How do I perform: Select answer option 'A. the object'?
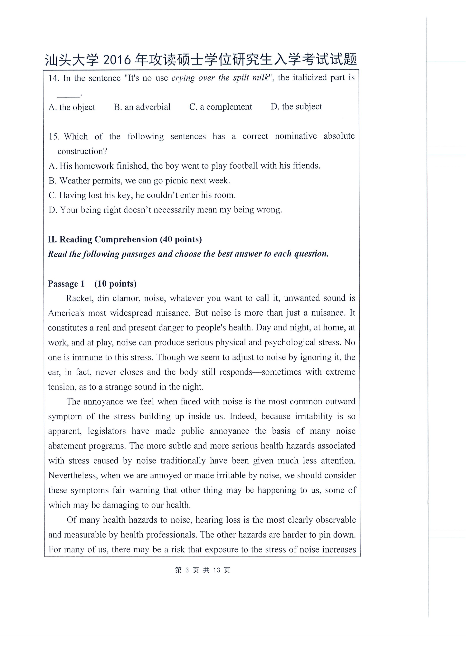click(72, 107)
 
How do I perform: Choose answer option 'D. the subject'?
click(296, 107)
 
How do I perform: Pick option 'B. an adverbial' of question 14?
click(142, 107)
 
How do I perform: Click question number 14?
click(53, 78)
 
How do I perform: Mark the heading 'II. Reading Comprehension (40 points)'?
click(125, 240)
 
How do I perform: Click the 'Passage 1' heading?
click(66, 284)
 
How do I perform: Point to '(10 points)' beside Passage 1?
click(116, 284)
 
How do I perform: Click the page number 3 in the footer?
click(187, 570)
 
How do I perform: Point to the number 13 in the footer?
click(217, 570)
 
